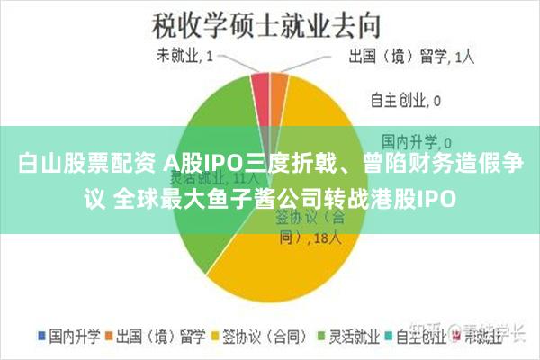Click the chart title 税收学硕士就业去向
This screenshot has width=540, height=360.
point(270,20)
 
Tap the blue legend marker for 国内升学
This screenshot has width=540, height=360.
point(40,335)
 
